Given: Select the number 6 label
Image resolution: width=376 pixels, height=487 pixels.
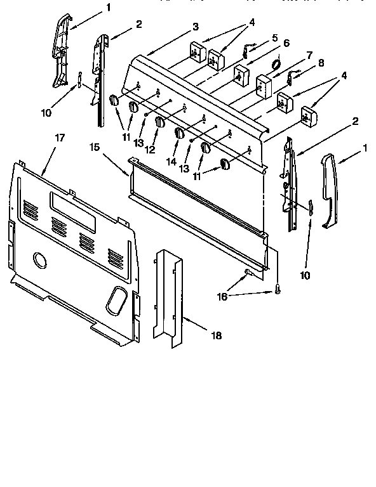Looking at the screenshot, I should point(286,43).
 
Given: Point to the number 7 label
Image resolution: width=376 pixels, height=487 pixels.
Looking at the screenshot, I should point(309,55).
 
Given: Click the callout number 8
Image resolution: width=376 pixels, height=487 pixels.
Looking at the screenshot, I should point(321,63).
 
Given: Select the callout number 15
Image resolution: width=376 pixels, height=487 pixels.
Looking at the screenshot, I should point(93,147).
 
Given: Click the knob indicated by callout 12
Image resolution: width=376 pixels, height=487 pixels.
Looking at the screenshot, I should point(161,122).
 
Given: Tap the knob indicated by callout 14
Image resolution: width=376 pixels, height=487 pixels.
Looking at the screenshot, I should point(180,134).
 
